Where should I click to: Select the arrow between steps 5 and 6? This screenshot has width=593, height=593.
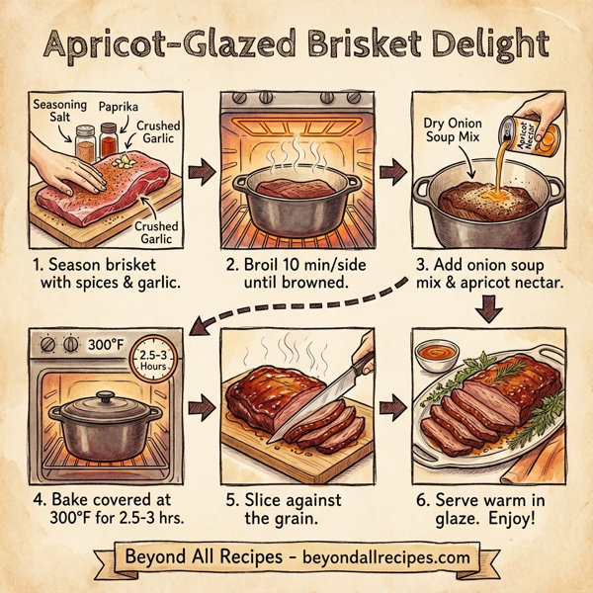coord(393,404)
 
